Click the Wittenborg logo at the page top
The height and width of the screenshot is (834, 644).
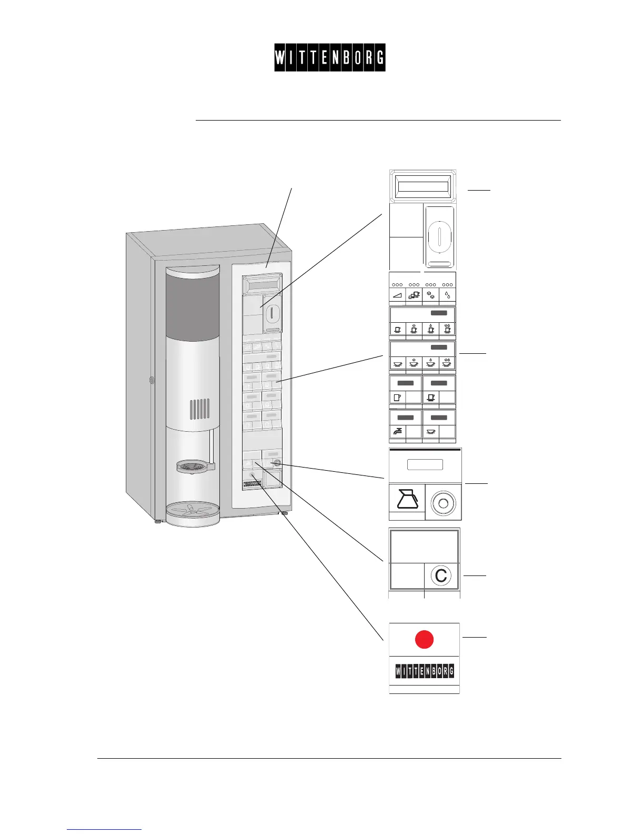(x=329, y=57)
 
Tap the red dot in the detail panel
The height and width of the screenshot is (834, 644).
(x=424, y=639)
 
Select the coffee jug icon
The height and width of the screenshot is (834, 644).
(x=407, y=499)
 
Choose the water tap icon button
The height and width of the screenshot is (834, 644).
(x=398, y=432)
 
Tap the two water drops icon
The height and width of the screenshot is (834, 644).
(x=447, y=295)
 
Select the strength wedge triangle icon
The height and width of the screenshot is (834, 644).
(x=397, y=296)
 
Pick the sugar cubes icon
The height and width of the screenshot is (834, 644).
(x=431, y=295)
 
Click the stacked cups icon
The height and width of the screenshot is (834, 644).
(x=414, y=295)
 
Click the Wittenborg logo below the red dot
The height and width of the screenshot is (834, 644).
(x=424, y=671)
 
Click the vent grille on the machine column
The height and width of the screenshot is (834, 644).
(x=199, y=409)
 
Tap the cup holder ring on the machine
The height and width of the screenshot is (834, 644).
(x=193, y=465)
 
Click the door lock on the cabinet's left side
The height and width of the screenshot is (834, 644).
(x=151, y=380)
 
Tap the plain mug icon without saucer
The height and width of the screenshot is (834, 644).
(x=398, y=398)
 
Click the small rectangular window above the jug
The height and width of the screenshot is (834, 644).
(x=425, y=464)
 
